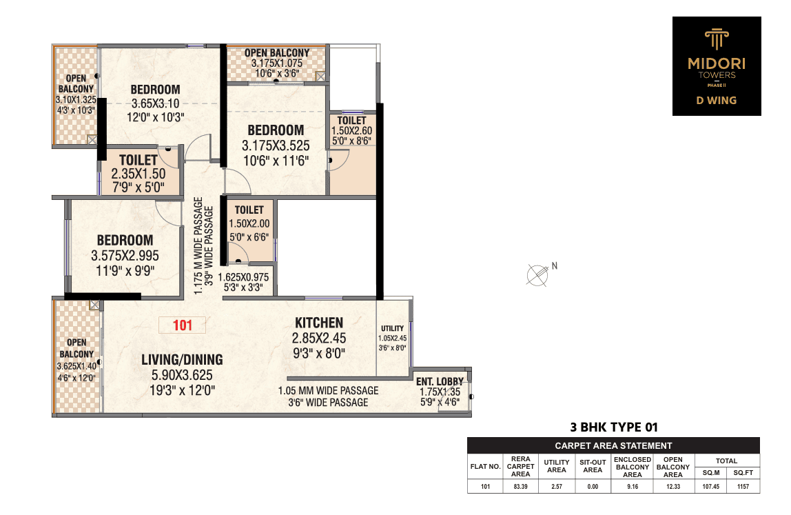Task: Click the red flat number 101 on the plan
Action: pyautogui.click(x=183, y=325)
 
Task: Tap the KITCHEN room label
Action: pyautogui.click(x=319, y=323)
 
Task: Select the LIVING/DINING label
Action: pyautogui.click(x=182, y=359)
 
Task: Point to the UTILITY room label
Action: pyautogui.click(x=393, y=328)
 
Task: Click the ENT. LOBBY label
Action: pyautogui.click(x=440, y=382)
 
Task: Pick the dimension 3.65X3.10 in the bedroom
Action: pyautogui.click(x=156, y=103)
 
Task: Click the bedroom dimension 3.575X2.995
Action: pyautogui.click(x=125, y=256)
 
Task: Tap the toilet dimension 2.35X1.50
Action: pyautogui.click(x=138, y=174)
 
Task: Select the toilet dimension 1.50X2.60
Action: pyautogui.click(x=351, y=130)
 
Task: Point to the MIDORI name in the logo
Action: pyautogui.click(x=717, y=63)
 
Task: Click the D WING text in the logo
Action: pyautogui.click(x=717, y=101)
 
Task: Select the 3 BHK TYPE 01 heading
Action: pyautogui.click(x=614, y=427)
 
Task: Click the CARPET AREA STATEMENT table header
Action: pyautogui.click(x=613, y=446)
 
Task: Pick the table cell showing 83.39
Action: pyautogui.click(x=521, y=487)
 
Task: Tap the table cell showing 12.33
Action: pyautogui.click(x=673, y=487)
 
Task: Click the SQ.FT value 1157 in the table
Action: pyautogui.click(x=743, y=487)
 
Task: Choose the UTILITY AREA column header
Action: pyautogui.click(x=557, y=466)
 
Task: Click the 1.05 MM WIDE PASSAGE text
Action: pyautogui.click(x=329, y=390)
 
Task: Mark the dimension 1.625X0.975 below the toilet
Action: pyautogui.click(x=243, y=277)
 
